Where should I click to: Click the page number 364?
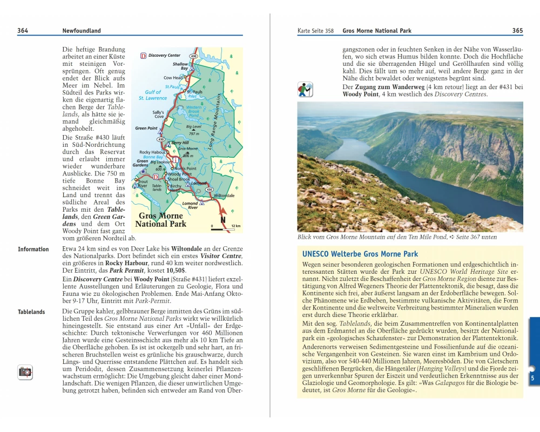(x=23, y=31)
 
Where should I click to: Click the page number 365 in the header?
(x=517, y=31)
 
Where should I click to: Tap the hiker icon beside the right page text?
(x=305, y=90)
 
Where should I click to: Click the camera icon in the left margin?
(x=25, y=372)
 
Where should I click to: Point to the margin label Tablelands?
(x=31, y=312)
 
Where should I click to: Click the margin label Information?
(x=33, y=249)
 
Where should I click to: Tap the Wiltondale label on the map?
(x=224, y=195)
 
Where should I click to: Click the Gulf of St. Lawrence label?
(x=153, y=95)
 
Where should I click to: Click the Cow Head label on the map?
(x=173, y=78)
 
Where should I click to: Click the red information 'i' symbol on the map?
(x=175, y=160)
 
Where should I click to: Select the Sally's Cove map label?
(x=159, y=114)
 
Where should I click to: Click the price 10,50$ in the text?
(x=175, y=269)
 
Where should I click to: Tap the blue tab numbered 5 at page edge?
(x=532, y=378)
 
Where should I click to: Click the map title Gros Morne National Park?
(x=160, y=220)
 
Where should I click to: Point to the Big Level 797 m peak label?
(x=194, y=130)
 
